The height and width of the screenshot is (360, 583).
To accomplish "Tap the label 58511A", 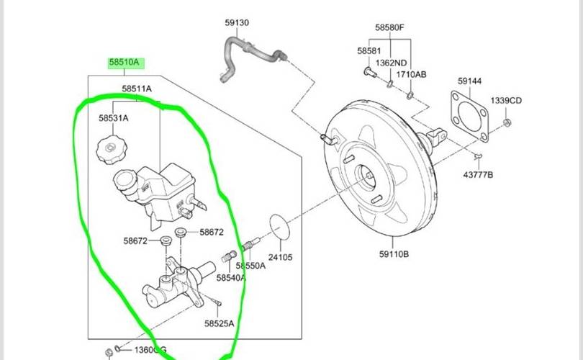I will pos(136,89).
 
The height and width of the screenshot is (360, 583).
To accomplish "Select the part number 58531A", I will pos(114,118).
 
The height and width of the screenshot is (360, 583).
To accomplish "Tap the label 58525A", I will pos(219,324).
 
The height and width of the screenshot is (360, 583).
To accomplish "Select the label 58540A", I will pos(231,277).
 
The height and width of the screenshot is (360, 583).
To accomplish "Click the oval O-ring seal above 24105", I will pos(280,228).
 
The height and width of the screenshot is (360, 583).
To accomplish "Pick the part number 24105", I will pos(281,256).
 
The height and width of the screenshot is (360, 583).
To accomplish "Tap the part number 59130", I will pos(237,23).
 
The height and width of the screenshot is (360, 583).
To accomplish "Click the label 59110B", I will pos(394,253).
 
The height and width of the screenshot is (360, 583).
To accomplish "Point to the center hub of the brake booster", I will pos(366,175).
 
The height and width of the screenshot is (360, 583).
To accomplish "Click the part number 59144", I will pos(470,81).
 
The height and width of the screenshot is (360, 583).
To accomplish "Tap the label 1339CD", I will pos(506,100).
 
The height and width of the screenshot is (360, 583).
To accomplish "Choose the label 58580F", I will pos(389,27).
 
